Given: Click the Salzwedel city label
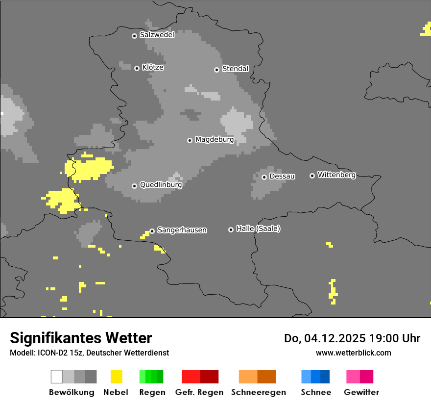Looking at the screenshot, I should (157, 35).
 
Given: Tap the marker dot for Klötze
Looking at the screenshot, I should (137, 68).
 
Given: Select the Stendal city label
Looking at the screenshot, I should (235, 69).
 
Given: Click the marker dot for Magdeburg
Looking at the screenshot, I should (190, 140).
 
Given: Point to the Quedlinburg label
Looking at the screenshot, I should (161, 185).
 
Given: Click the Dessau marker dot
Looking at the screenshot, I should (264, 177).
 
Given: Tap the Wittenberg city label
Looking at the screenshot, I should (336, 175).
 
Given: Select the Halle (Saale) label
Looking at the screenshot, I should (258, 229).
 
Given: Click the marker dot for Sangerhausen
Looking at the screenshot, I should (152, 231).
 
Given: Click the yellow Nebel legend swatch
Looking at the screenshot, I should (116, 377).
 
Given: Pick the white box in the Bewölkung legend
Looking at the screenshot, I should (57, 377).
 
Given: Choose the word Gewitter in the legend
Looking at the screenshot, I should (361, 392).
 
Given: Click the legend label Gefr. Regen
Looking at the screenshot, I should (199, 392).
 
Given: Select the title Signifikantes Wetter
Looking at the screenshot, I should (81, 338).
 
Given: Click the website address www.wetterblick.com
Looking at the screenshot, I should (353, 353).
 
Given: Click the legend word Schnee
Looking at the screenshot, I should (315, 392).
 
